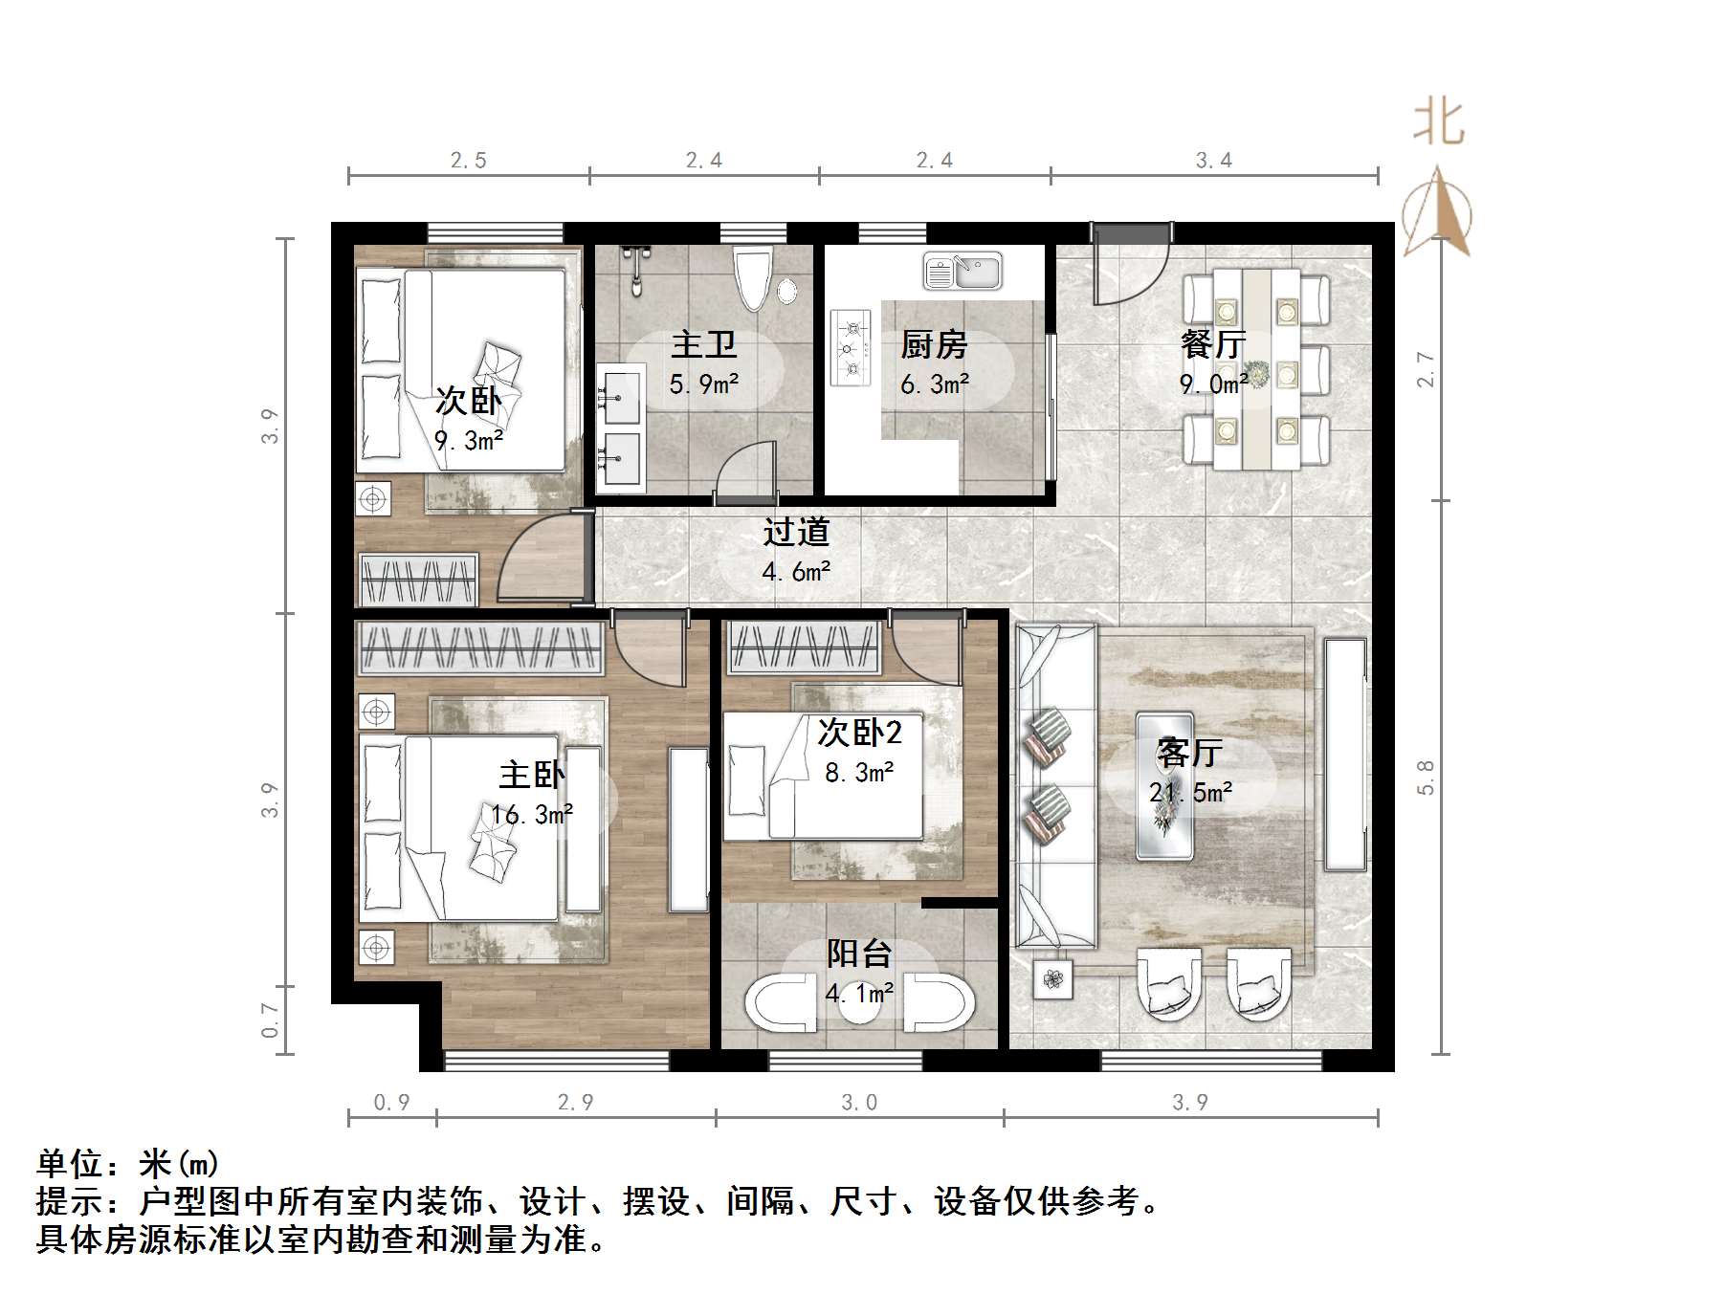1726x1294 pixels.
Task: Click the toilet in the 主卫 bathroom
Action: tap(753, 276)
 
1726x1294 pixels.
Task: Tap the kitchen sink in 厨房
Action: tap(963, 272)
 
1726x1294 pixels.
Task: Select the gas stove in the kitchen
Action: tap(851, 347)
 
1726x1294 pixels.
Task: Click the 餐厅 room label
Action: tap(1213, 344)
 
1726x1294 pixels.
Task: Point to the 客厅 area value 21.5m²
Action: tap(1191, 793)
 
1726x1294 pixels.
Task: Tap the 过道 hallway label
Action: tap(796, 532)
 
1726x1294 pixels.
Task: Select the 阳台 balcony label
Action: tap(859, 954)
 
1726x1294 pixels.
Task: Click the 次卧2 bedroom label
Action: tap(859, 733)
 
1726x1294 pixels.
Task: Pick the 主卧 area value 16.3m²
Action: tap(532, 815)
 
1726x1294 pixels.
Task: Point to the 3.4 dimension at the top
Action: tap(1214, 161)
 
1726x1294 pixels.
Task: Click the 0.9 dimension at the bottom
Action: tap(391, 1103)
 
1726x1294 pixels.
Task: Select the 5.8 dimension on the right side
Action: tap(1426, 777)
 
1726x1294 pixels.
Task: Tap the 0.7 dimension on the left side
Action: tap(271, 1020)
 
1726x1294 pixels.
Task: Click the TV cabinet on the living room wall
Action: tap(1345, 755)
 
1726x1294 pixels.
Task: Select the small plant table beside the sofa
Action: tap(1053, 979)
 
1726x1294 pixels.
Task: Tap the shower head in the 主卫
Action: tap(634, 269)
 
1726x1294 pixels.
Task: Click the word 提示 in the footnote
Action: tap(71, 1201)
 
